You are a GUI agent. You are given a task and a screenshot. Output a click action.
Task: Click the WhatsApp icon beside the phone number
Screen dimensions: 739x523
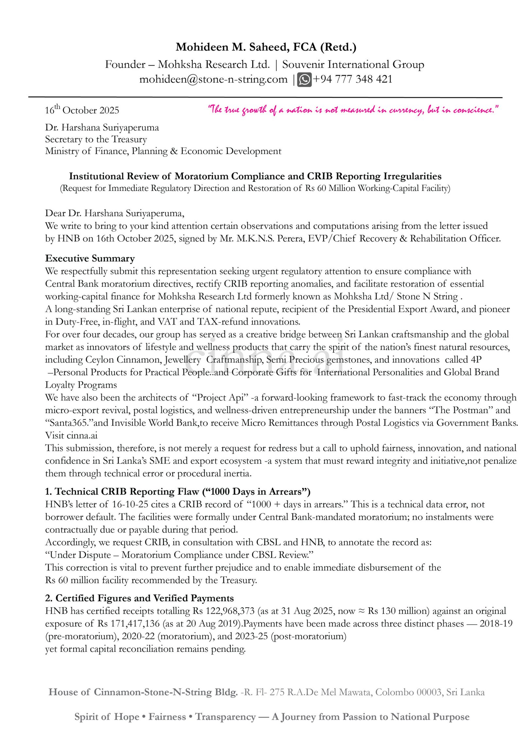point(304,80)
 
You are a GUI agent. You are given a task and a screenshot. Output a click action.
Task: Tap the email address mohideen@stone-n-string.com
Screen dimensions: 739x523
point(213,79)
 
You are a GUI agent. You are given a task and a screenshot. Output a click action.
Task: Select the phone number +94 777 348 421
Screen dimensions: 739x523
point(352,79)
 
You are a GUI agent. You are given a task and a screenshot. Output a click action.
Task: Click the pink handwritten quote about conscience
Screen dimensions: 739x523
point(353,110)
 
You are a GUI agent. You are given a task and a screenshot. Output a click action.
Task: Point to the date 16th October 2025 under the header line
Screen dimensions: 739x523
point(82,110)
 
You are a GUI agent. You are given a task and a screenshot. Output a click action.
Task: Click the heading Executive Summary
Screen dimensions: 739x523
point(90,258)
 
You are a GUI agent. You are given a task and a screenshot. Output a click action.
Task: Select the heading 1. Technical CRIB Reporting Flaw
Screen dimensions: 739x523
point(177,491)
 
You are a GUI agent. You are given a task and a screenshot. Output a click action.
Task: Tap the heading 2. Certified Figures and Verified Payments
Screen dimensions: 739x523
point(139,598)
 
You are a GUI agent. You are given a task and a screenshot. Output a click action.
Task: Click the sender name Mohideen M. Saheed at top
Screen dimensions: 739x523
point(232,47)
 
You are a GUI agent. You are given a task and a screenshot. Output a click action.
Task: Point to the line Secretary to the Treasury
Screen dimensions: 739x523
point(96,139)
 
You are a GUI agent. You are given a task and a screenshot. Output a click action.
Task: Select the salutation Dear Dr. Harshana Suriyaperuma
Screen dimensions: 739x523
point(114,213)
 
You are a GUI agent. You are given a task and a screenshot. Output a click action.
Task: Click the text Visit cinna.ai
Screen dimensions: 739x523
point(71,435)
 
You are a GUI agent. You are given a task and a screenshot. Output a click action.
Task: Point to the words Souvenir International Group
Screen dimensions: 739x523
point(353,64)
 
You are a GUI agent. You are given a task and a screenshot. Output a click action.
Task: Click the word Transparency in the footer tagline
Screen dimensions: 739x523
point(225,716)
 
